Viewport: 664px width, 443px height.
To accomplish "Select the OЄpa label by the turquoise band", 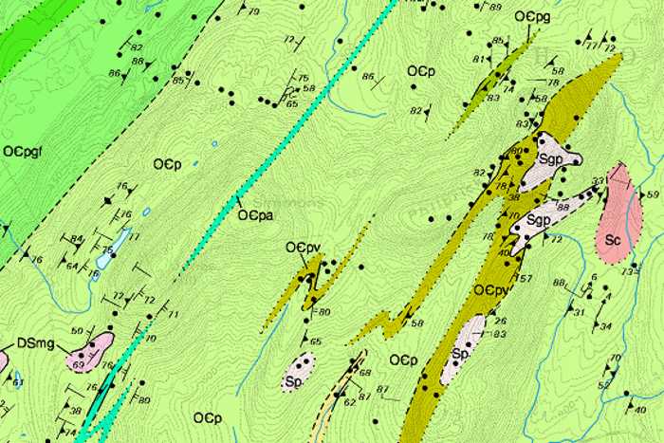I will pyautogui.click(x=255, y=214).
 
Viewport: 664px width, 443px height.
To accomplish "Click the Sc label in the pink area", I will pyautogui.click(x=612, y=240).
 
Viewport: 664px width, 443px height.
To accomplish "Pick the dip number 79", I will pyautogui.click(x=253, y=11).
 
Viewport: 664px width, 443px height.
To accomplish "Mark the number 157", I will pyautogui.click(x=523, y=279).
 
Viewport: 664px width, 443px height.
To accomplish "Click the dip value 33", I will pyautogui.click(x=598, y=181).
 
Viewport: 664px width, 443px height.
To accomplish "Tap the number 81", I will pyautogui.click(x=478, y=60).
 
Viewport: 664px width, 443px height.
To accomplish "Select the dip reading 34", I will pyautogui.click(x=606, y=326).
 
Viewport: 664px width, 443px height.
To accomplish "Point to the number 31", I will pyautogui.click(x=580, y=311).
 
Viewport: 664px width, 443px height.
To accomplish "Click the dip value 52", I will pyautogui.click(x=604, y=385).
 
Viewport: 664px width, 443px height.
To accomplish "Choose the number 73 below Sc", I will pyautogui.click(x=626, y=272).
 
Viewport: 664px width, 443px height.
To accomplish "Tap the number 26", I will pyautogui.click(x=500, y=321).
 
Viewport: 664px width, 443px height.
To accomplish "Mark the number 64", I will pyautogui.click(x=72, y=266).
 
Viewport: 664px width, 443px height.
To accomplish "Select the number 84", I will pyautogui.click(x=77, y=238).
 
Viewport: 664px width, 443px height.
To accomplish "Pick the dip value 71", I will pyautogui.click(x=173, y=313).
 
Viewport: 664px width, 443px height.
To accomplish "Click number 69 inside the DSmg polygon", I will pyautogui.click(x=79, y=362).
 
